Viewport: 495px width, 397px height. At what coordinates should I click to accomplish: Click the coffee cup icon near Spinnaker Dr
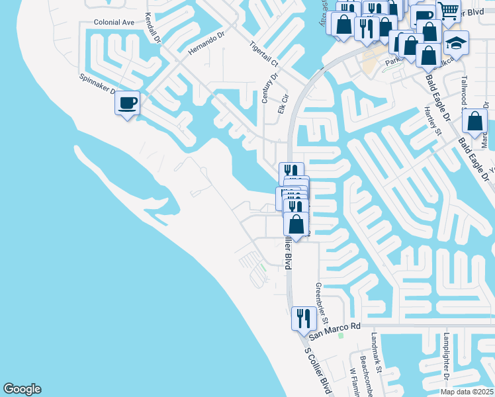128,103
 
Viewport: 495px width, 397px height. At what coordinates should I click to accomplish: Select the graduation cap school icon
456,43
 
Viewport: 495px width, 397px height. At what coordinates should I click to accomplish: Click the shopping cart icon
449,11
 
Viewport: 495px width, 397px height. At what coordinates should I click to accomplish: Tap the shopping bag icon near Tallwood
474,121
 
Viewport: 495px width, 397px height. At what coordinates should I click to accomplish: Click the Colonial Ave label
114,22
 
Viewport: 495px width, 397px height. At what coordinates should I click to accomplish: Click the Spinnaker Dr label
99,84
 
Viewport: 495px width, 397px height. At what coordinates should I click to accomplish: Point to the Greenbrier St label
322,303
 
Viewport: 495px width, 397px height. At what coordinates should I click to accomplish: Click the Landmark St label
377,351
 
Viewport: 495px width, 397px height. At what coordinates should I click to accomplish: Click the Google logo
22,389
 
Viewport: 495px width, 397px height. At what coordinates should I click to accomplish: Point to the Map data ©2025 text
467,391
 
